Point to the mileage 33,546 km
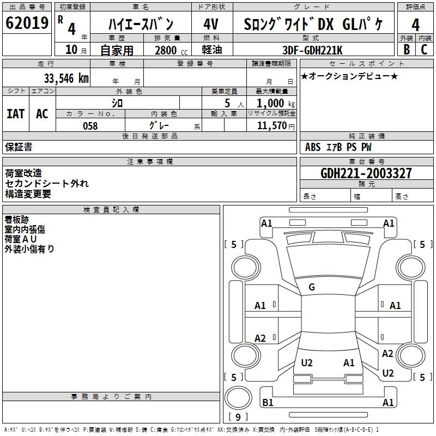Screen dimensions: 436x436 (65, 78)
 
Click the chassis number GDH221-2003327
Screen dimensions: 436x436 (366, 173)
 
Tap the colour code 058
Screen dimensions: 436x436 (90, 126)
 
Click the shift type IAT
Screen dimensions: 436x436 (16, 114)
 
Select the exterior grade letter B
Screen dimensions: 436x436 (406, 50)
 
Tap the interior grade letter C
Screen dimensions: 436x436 (425, 50)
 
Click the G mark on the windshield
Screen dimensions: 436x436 (312, 287)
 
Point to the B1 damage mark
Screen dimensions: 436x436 (268, 403)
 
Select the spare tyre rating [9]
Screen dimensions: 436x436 (238, 417)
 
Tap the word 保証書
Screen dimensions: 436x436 (19, 147)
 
